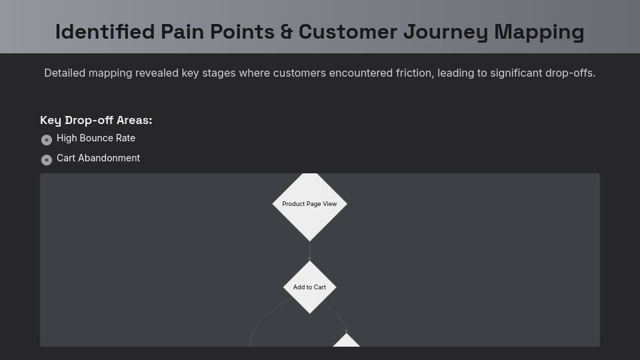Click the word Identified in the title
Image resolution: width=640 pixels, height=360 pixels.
104,31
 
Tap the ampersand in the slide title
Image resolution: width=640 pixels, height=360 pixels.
287,31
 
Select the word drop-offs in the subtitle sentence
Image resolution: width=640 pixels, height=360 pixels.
570,73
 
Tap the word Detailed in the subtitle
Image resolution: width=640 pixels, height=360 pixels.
65,73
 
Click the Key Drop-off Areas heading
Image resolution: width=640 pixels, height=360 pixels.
96,120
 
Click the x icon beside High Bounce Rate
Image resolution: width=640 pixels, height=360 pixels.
47,140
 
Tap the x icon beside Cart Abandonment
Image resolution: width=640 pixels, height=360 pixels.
47,160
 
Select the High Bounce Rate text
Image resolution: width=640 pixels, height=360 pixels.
96,138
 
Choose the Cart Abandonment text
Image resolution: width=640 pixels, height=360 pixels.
98,158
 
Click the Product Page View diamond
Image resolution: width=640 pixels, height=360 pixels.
309,204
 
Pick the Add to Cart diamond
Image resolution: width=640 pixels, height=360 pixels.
309,287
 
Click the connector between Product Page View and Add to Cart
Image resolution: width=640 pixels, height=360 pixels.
309,251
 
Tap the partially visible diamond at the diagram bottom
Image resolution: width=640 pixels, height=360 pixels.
346,341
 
